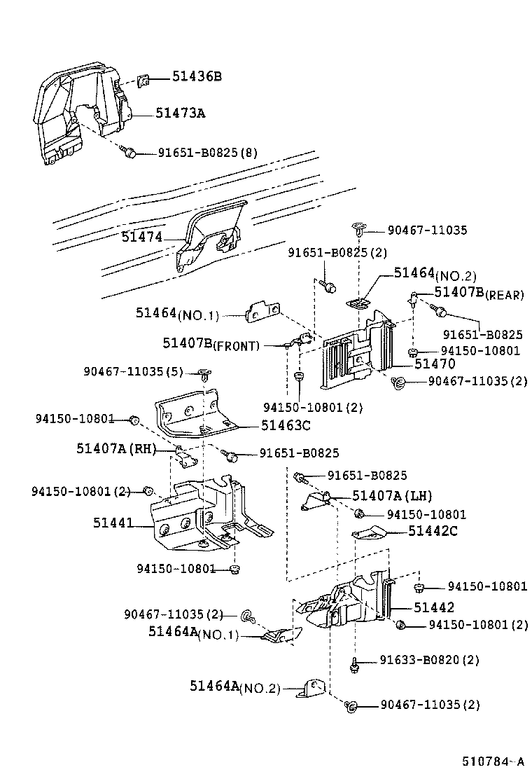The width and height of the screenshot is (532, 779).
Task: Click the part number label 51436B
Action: (197, 76)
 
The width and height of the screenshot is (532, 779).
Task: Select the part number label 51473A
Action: (180, 113)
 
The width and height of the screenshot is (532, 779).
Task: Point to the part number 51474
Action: (141, 237)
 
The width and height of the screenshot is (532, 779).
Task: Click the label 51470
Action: (434, 364)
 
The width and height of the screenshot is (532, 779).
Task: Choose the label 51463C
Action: (286, 425)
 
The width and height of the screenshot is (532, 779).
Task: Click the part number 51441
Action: (113, 522)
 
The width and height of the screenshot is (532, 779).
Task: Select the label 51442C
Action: (433, 531)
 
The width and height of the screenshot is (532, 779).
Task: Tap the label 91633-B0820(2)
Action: (430, 660)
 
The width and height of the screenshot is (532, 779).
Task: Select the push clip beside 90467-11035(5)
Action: (204, 373)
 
